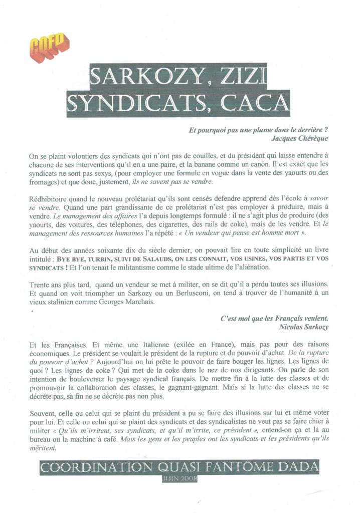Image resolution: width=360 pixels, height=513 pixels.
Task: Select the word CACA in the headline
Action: click(x=256, y=104)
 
